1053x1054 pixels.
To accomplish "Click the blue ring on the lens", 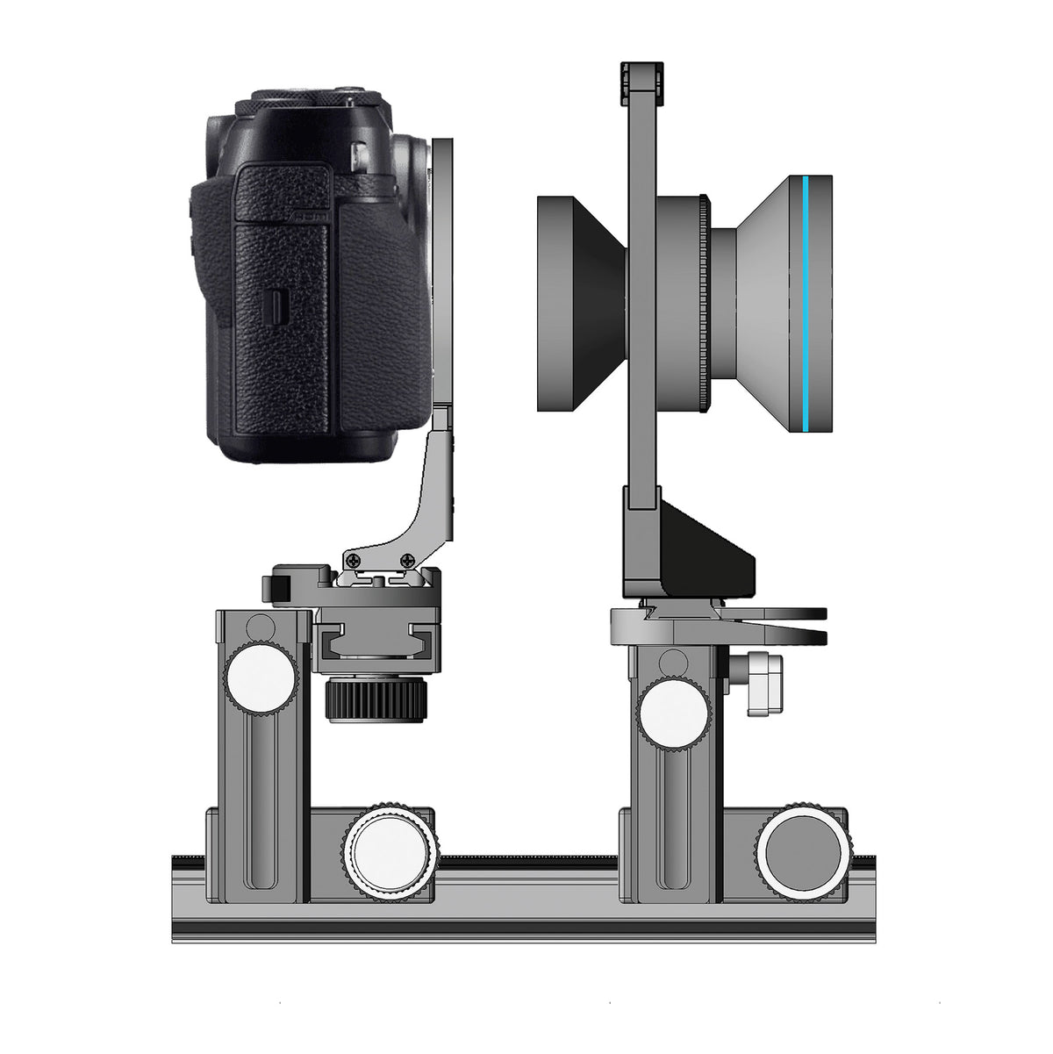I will click(x=804, y=303).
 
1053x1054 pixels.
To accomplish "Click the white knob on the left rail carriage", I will click(x=387, y=850).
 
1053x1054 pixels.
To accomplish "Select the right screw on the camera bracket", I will click(x=407, y=560).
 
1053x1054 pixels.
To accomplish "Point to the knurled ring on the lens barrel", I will click(x=703, y=303).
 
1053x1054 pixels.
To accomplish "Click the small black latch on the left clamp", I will click(x=280, y=587).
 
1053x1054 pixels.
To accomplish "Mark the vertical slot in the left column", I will click(x=261, y=772).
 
